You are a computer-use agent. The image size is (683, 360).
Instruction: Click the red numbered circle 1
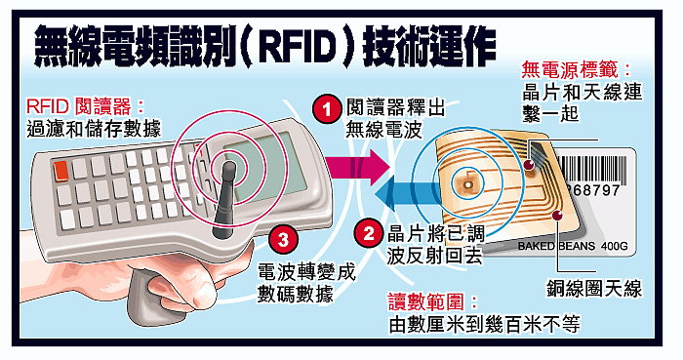(x=327, y=109)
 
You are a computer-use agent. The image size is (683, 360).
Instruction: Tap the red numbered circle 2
(x=369, y=234)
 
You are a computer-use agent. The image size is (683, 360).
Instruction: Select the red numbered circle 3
(x=283, y=239)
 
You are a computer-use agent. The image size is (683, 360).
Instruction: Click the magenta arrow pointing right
(x=357, y=167)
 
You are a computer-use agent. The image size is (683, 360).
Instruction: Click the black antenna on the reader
(x=225, y=199)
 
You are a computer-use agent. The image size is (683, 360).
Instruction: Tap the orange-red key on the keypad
(x=60, y=171)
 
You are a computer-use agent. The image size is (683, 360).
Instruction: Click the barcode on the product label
(x=591, y=170)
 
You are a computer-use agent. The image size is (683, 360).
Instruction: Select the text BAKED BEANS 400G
(x=573, y=247)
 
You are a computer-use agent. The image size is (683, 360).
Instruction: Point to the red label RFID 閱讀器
(x=84, y=106)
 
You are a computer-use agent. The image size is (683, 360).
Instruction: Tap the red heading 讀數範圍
(x=432, y=301)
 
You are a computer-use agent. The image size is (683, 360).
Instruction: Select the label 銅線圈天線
(x=594, y=289)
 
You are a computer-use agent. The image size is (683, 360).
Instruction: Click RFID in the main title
(x=299, y=45)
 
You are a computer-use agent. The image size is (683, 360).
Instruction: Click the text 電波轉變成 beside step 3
(x=307, y=271)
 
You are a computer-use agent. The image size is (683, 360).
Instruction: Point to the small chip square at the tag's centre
(x=468, y=184)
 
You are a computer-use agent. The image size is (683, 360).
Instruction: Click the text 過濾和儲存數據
(x=94, y=129)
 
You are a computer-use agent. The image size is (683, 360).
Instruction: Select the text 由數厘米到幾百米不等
(x=484, y=324)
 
